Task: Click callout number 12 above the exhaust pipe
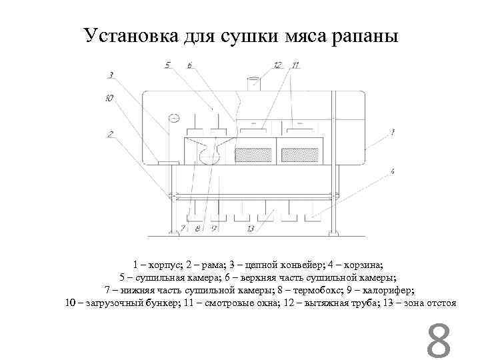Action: (x=278, y=65)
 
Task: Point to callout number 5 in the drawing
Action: (x=168, y=65)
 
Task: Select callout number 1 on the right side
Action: (x=393, y=132)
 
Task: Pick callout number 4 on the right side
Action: (x=393, y=171)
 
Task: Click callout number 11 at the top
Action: (x=295, y=65)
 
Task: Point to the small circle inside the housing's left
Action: (x=174, y=118)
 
